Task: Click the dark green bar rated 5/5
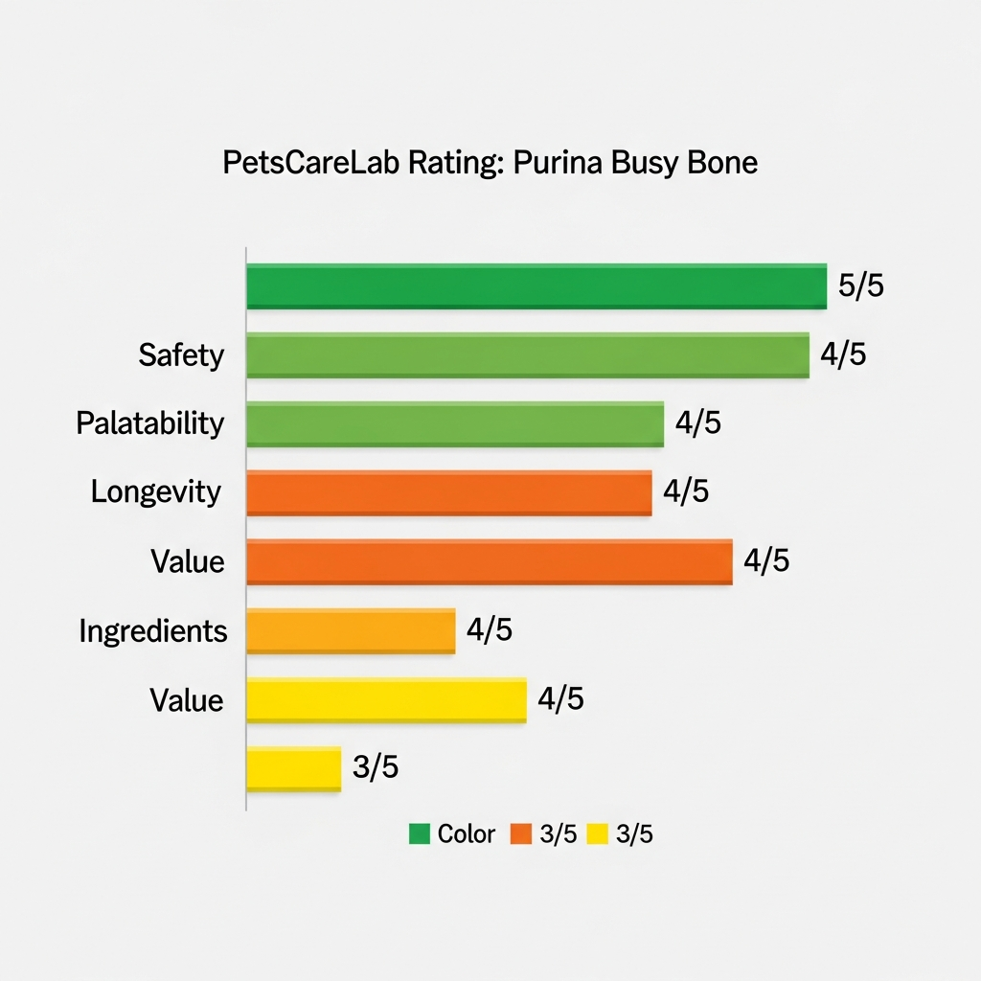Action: coord(536,286)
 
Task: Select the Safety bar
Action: coord(527,355)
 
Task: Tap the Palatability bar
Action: coord(455,424)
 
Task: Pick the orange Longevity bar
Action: coord(448,493)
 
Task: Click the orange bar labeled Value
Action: coord(489,562)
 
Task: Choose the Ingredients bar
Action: coord(351,631)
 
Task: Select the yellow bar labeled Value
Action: coord(386,700)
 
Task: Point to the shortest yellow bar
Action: coord(293,769)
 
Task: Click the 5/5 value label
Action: coord(860,285)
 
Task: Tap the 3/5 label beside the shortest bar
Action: coord(376,768)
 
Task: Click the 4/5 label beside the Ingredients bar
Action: coord(489,630)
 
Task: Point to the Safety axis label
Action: coord(181,355)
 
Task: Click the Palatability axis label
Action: coord(150,423)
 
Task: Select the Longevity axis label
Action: coord(156,492)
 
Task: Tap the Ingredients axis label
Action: coord(153,631)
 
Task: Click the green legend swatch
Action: coord(419,834)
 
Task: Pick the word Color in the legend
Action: coord(467,834)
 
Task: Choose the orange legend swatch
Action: coord(521,834)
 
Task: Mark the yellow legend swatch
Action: coord(597,834)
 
